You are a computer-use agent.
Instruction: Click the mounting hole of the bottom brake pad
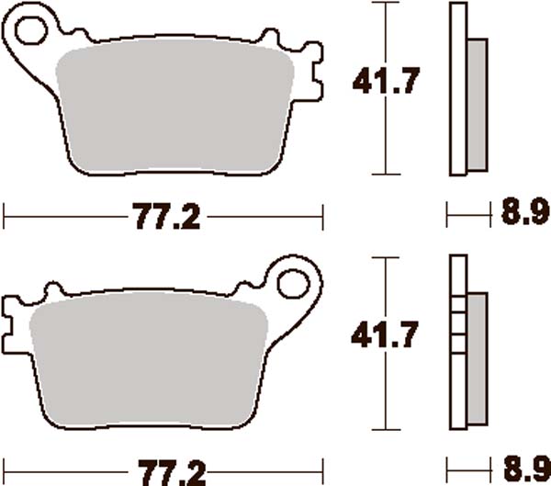[297, 281]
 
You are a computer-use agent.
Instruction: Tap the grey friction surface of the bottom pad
[152, 360]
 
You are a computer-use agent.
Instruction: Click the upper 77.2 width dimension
[164, 219]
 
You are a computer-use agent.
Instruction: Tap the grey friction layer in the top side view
[478, 105]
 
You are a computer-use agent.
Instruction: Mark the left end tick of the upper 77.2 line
[6, 219]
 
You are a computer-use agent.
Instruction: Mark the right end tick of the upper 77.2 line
[324, 219]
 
